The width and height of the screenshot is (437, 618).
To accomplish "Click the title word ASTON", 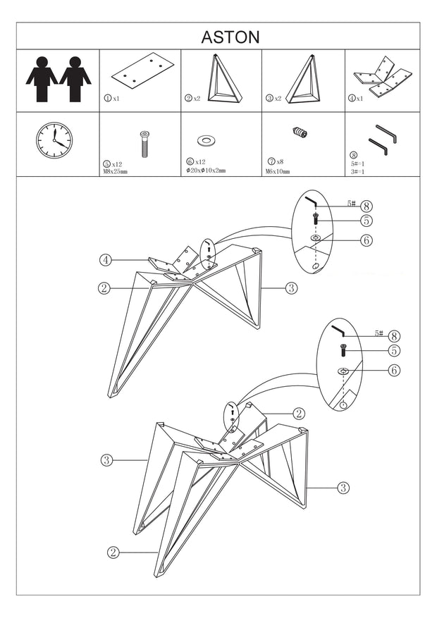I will [x=230, y=37].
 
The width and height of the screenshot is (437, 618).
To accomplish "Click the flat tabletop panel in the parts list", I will [x=141, y=72].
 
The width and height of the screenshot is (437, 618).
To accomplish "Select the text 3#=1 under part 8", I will [x=357, y=171].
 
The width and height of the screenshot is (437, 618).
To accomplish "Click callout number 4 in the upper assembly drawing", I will [x=105, y=260].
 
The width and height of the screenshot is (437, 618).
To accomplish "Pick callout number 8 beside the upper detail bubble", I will [x=366, y=206].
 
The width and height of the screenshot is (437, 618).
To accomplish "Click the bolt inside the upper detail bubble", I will [x=316, y=218].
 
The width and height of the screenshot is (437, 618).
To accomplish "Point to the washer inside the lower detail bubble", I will [x=343, y=371].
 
